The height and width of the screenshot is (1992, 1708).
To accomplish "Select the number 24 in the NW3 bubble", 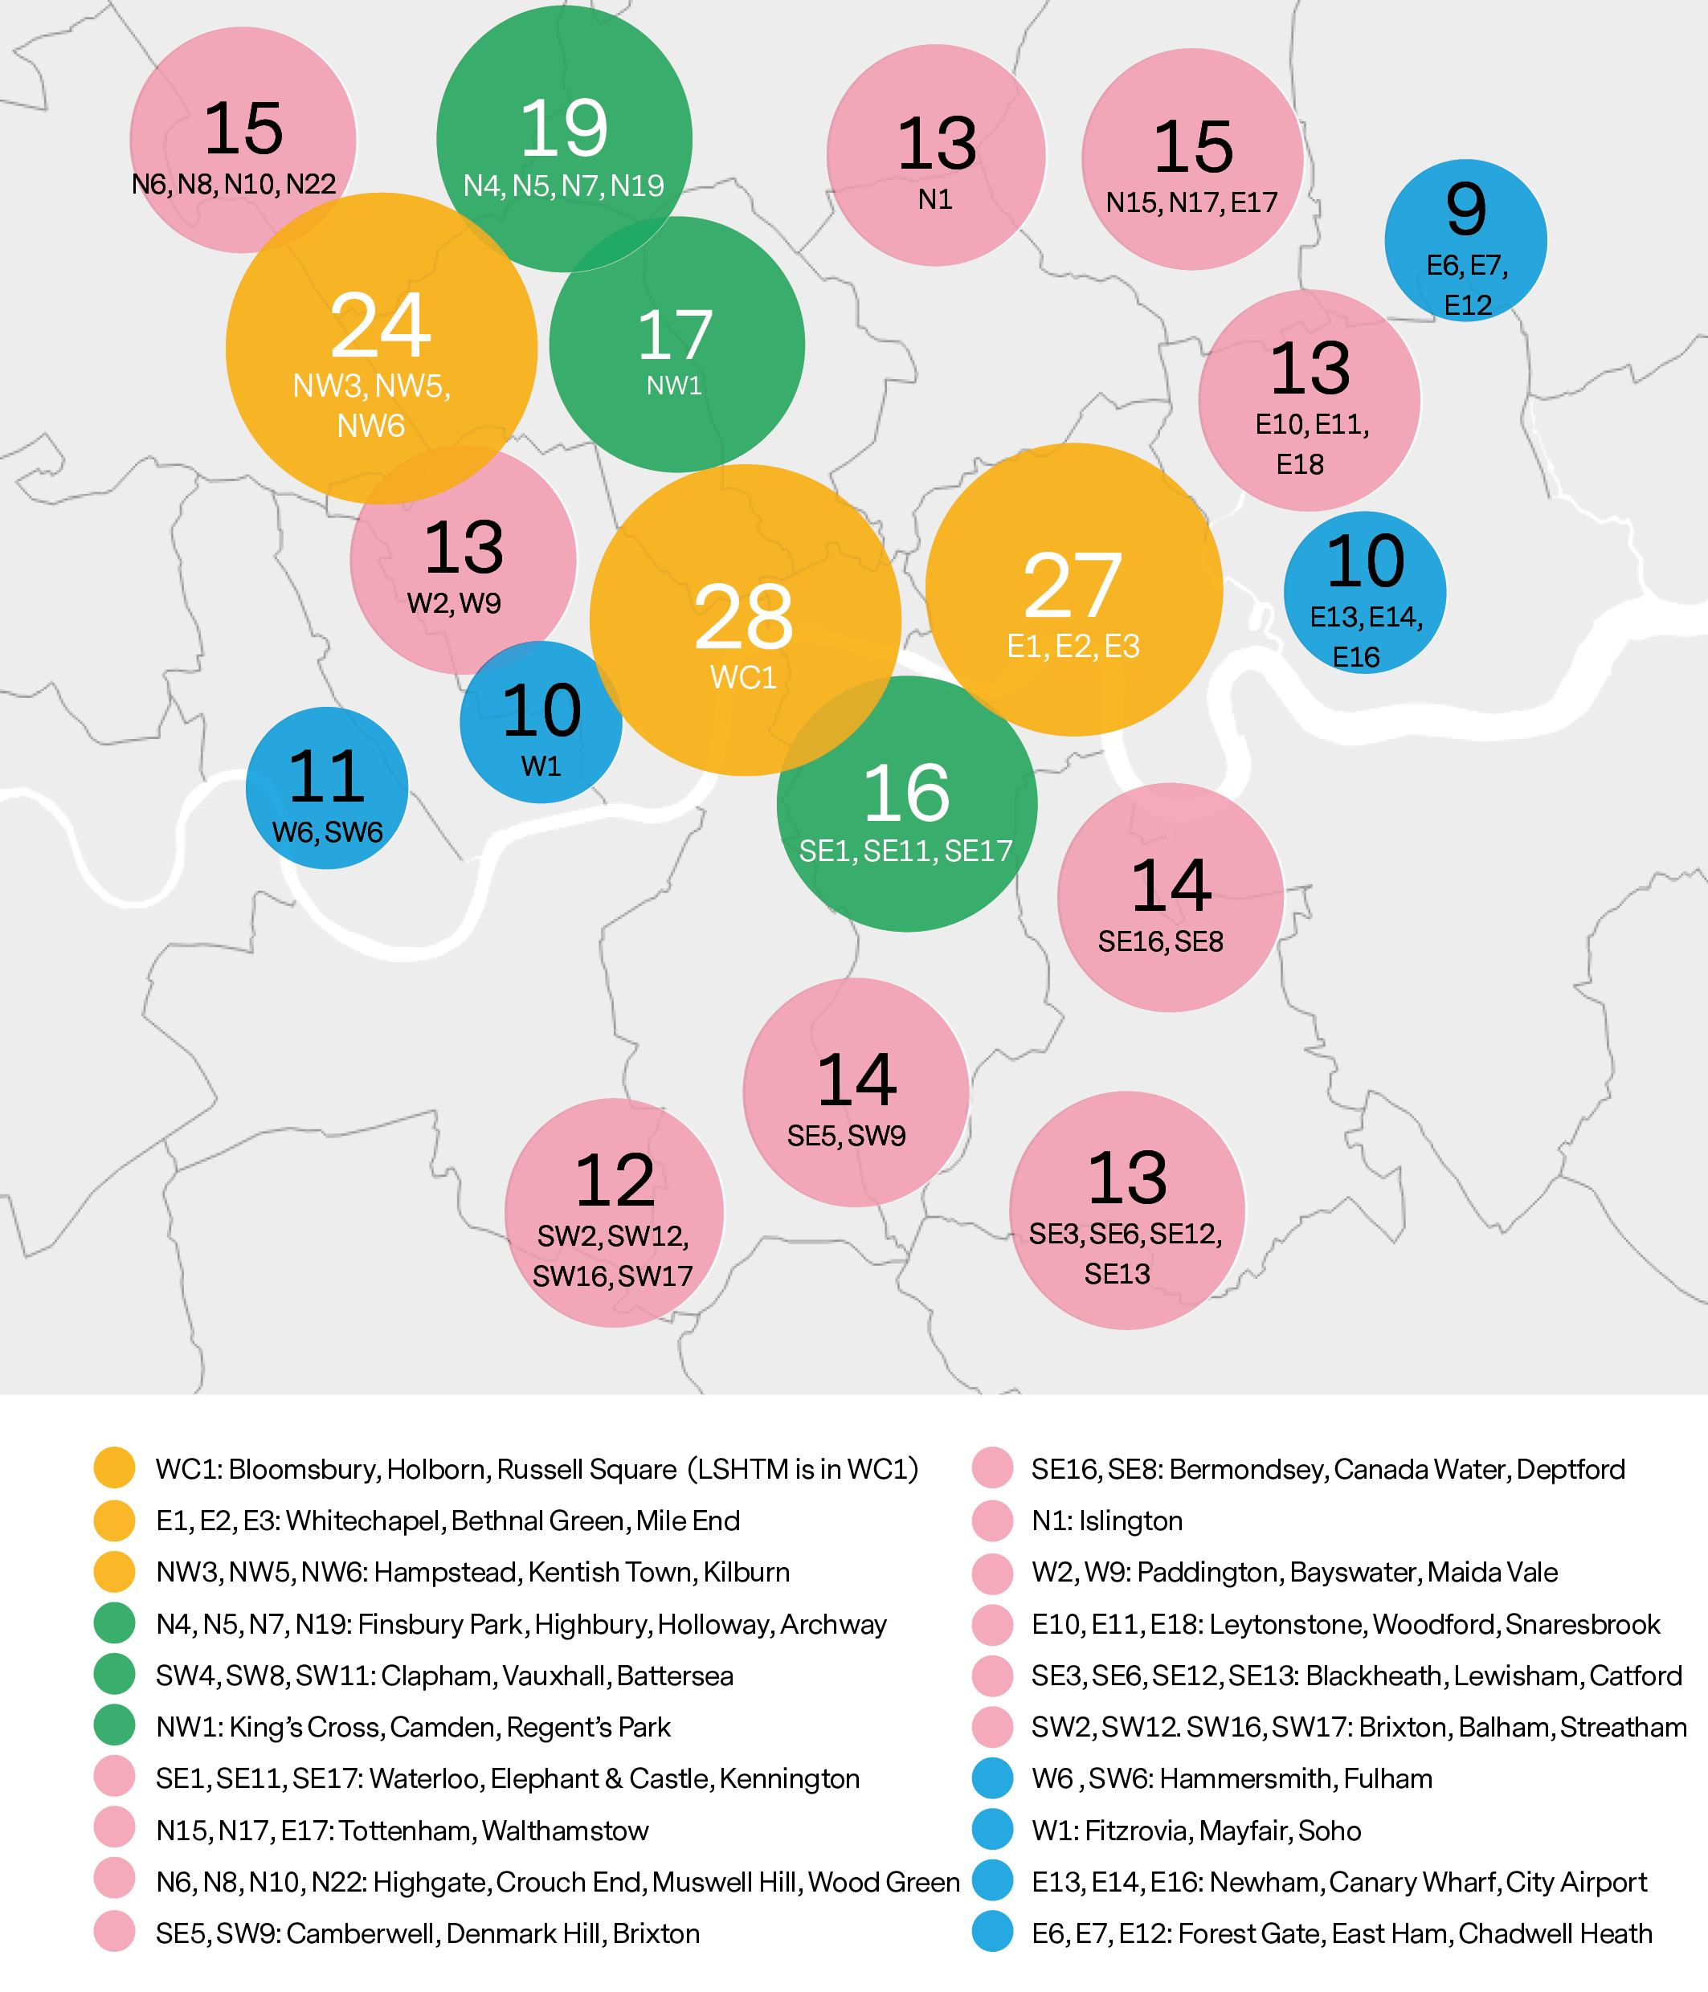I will [x=381, y=325].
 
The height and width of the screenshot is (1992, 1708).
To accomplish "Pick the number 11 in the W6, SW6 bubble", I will [x=327, y=776].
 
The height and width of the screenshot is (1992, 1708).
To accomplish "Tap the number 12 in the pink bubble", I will [x=615, y=1181].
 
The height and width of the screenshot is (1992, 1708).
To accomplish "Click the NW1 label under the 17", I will [x=674, y=386].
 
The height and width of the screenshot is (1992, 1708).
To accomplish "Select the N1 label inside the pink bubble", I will [x=935, y=199].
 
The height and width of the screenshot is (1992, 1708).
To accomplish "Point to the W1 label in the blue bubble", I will [x=541, y=766].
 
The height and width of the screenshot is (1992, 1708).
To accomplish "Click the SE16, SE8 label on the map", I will [x=1161, y=941].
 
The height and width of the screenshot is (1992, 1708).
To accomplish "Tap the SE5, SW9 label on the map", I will [x=846, y=1136].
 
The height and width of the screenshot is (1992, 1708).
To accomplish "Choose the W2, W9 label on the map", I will [x=454, y=602].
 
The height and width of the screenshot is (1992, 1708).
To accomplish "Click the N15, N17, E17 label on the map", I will [x=1191, y=202].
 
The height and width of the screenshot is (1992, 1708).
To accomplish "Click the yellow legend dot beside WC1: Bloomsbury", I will [x=114, y=1468].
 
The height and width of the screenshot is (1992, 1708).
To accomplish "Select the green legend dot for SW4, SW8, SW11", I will [x=114, y=1675].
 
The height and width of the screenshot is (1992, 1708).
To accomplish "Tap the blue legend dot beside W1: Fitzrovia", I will [x=992, y=1830].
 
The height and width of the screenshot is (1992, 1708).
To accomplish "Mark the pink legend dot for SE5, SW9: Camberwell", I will [x=114, y=1933].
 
